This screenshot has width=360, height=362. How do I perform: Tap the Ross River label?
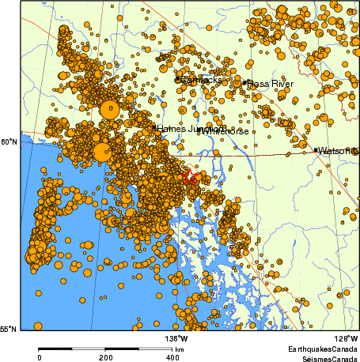tap(270, 83)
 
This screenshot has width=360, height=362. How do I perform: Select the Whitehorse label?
tap(224, 130)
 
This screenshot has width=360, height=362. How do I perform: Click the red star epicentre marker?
tap(190, 177)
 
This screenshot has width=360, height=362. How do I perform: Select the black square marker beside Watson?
tap(316, 150)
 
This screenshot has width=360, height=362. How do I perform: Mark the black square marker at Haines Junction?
tap(153, 127)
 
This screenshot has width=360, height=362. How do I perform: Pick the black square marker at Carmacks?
tap(176, 80)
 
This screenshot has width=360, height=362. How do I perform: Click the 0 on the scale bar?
tap(40, 357)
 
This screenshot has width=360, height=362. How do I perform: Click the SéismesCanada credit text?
tap(322, 357)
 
